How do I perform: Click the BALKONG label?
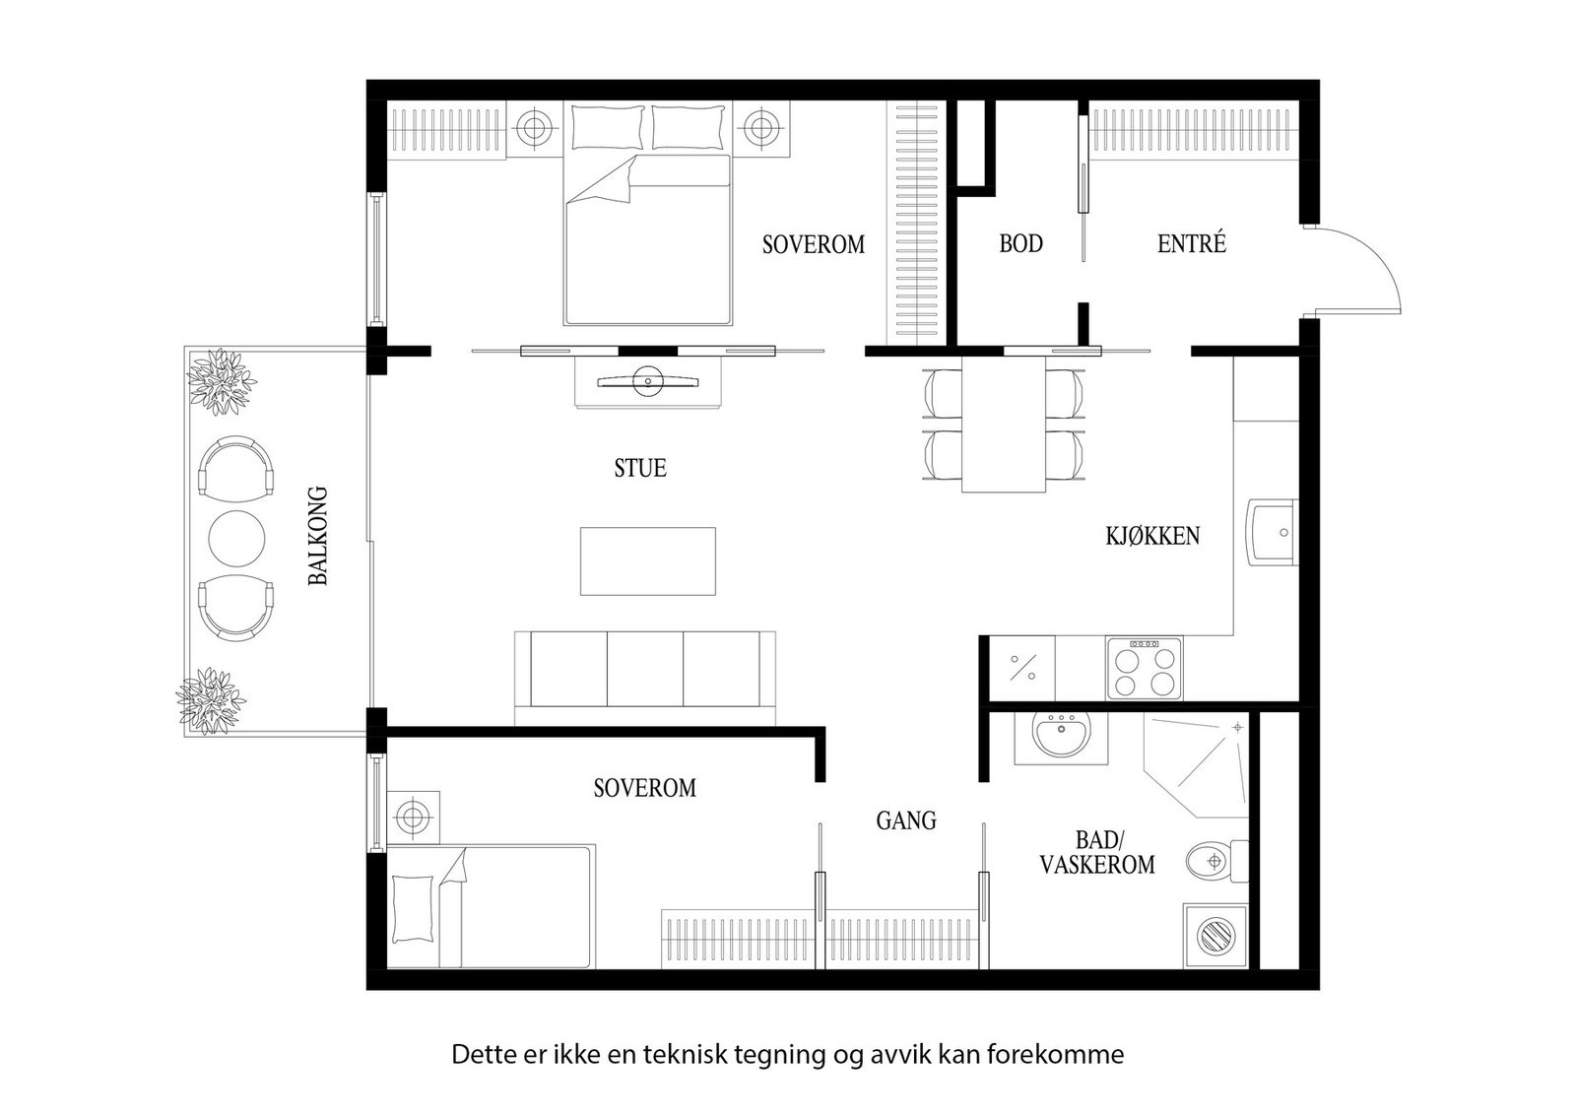317,536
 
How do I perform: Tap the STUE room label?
640,468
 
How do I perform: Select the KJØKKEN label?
1152,537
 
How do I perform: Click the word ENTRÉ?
1191,243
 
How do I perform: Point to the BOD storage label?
1020,243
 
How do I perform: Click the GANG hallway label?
906,820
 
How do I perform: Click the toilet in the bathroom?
1213,861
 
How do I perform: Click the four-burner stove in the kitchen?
1144,668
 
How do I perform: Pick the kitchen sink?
1274,533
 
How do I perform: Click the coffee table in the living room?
647,560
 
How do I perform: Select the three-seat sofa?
645,670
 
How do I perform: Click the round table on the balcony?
236,536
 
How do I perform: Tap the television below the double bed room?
648,381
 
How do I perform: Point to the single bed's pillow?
414,908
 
